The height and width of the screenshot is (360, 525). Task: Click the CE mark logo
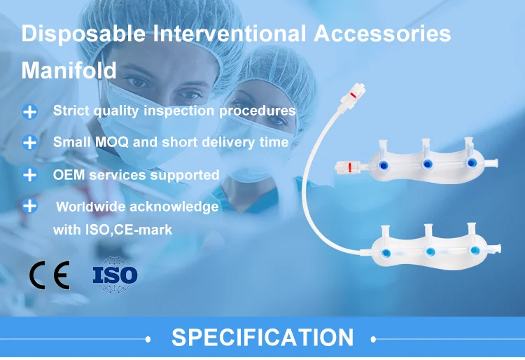click(x=50, y=275)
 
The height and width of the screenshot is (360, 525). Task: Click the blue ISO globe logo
click(x=115, y=275)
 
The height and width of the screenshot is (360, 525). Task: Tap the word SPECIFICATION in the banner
click(x=262, y=338)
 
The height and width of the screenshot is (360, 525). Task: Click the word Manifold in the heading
click(x=69, y=71)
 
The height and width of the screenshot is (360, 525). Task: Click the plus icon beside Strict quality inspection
click(x=29, y=111)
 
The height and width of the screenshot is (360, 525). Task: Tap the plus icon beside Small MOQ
click(x=29, y=142)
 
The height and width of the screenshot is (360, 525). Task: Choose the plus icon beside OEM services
click(x=29, y=174)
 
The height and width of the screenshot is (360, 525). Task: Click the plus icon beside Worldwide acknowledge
click(x=29, y=206)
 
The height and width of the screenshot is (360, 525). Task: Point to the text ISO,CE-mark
click(x=130, y=229)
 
